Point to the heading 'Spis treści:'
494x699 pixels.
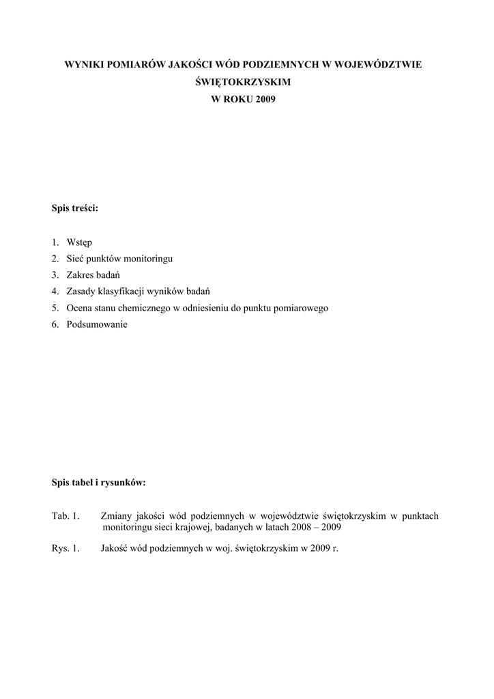(75, 208)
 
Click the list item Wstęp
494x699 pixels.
(80, 242)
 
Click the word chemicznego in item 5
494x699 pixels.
(139, 308)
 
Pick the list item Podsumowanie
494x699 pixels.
(97, 324)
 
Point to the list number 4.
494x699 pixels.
(55, 291)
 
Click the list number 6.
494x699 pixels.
(55, 324)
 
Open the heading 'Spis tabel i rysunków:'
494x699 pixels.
(98, 482)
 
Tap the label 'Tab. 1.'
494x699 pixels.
(66, 515)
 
